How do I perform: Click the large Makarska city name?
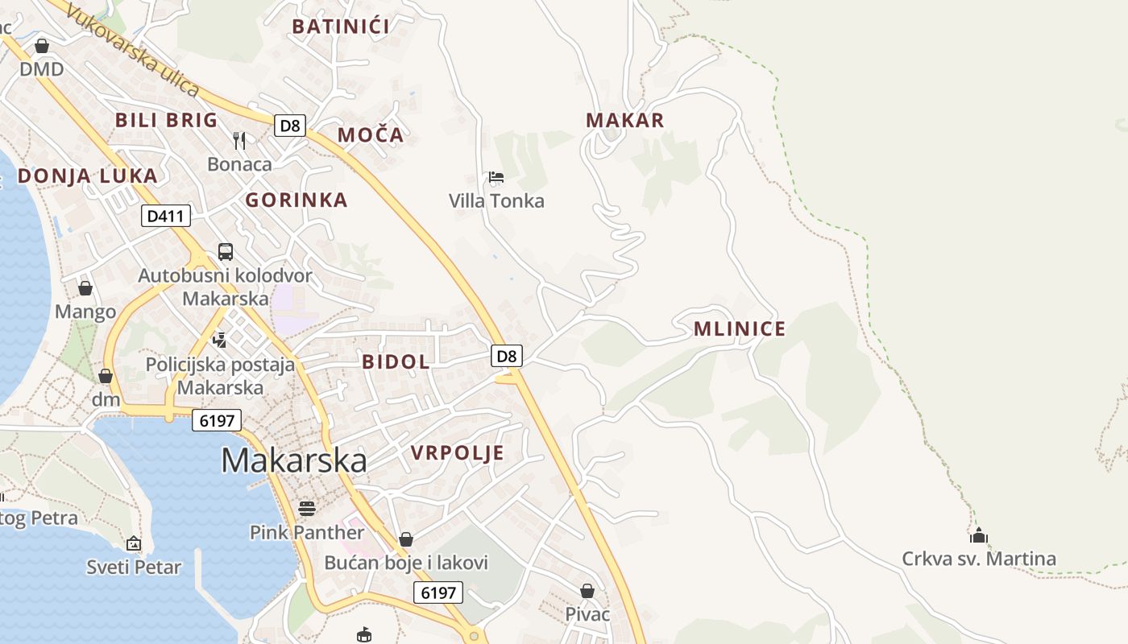[x=294, y=460]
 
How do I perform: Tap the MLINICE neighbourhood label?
[x=739, y=328]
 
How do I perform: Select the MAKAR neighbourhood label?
[x=624, y=121]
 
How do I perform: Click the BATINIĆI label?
[x=341, y=27]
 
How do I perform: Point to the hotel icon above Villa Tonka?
[x=496, y=177]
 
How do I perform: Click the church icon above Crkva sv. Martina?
[x=979, y=535]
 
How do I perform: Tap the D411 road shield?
[x=166, y=216]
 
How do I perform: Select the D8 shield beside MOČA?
[x=290, y=126]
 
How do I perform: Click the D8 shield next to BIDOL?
[x=506, y=356]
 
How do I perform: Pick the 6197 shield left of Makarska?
[x=217, y=420]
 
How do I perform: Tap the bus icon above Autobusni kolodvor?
[x=226, y=252]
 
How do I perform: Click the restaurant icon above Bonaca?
[x=239, y=141]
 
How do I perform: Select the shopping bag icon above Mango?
[x=85, y=288]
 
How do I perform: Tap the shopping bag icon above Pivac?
[x=587, y=591]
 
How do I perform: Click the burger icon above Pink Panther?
[x=306, y=508]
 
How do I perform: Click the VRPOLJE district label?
[x=457, y=452]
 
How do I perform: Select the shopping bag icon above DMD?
[x=42, y=46]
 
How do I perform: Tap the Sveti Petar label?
[x=135, y=567]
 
